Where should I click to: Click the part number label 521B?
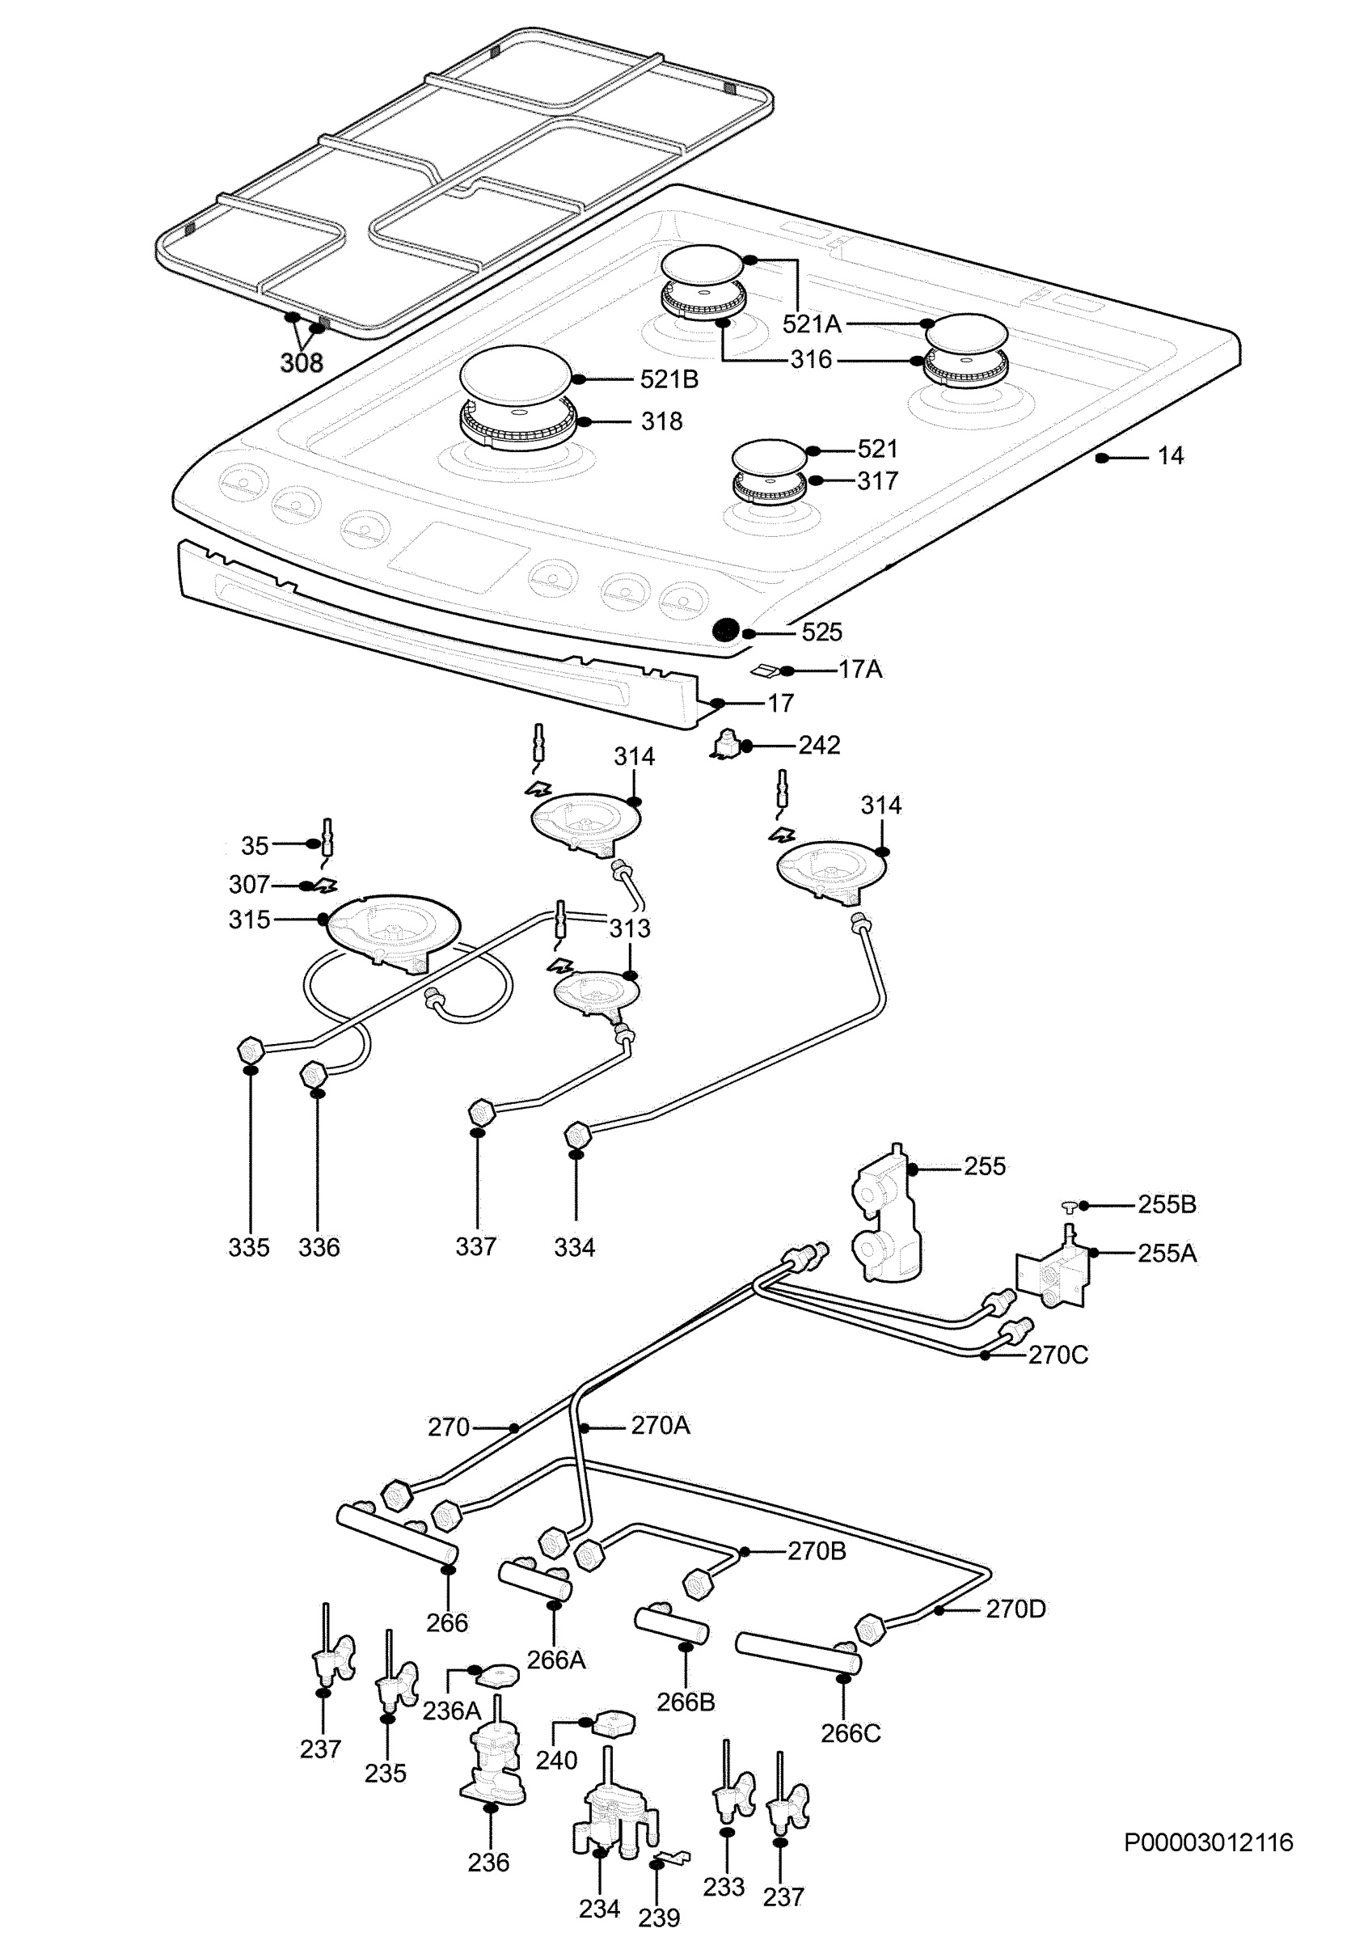pos(669,379)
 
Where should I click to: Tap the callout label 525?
pos(821,632)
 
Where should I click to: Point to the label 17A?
pos(859,670)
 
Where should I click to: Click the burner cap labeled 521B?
pos(515,375)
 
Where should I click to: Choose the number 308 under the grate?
pos(302,362)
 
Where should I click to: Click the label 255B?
pos(1167,1205)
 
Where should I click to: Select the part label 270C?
pos(1057,1355)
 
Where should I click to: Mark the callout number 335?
pos(248,1248)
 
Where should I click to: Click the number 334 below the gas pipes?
pos(575,1248)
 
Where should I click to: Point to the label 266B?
pos(686,1702)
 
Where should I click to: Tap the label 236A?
pos(451,1711)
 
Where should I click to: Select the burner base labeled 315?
pos(393,933)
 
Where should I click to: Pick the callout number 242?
pos(819,746)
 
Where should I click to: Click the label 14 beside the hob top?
pos(1170,456)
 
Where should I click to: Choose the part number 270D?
pos(1015,1609)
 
